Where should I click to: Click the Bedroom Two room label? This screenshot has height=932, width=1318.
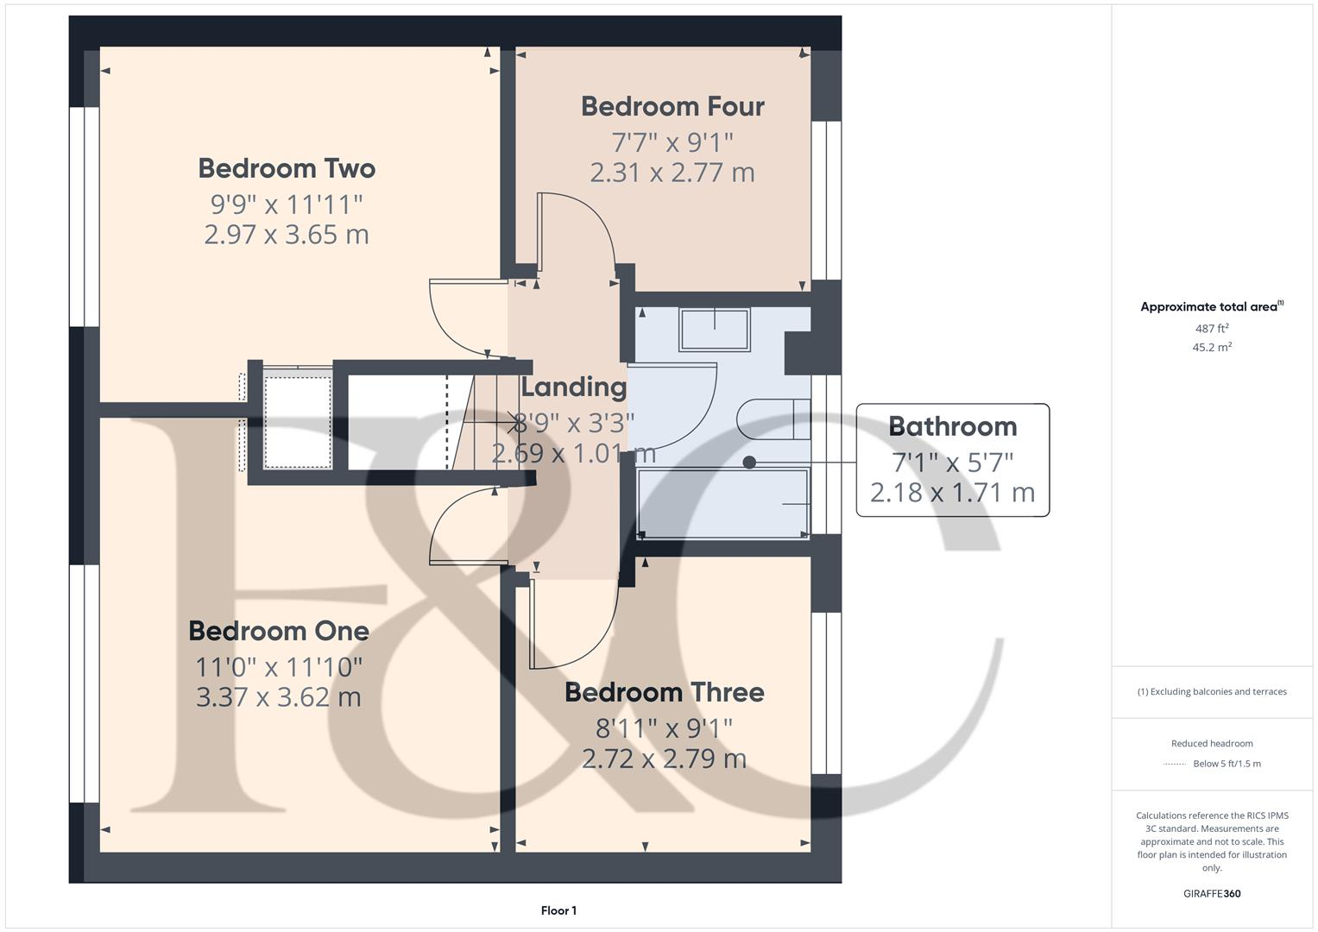pyautogui.click(x=287, y=168)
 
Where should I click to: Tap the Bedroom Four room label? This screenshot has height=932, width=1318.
pyautogui.click(x=672, y=106)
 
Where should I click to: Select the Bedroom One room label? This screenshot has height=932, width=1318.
pyautogui.click(x=279, y=631)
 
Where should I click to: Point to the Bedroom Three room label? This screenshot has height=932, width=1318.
pyautogui.click(x=664, y=692)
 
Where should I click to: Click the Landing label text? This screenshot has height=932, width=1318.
pyautogui.click(x=573, y=387)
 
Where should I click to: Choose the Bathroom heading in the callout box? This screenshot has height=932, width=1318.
pyautogui.click(x=952, y=426)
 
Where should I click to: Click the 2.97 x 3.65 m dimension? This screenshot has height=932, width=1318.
pyautogui.click(x=287, y=235)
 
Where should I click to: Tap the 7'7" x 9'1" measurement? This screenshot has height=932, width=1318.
pyautogui.click(x=672, y=141)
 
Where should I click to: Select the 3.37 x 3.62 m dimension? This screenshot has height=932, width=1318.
pyautogui.click(x=279, y=697)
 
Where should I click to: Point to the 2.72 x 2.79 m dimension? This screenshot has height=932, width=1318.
pyautogui.click(x=664, y=759)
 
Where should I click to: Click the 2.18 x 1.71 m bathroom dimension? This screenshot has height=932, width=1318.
pyautogui.click(x=952, y=493)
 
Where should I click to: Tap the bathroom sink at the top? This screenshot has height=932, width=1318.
pyautogui.click(x=715, y=329)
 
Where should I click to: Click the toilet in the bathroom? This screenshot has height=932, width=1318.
pyautogui.click(x=773, y=420)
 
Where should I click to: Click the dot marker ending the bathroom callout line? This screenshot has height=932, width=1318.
pyautogui.click(x=749, y=463)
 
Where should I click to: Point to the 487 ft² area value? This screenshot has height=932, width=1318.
pyautogui.click(x=1212, y=329)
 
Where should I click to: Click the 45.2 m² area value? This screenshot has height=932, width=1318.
pyautogui.click(x=1212, y=348)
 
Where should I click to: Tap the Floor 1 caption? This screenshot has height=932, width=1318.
pyautogui.click(x=558, y=910)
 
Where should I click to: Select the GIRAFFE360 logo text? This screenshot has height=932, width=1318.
pyautogui.click(x=1212, y=893)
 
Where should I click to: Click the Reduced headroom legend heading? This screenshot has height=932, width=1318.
pyautogui.click(x=1212, y=743)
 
